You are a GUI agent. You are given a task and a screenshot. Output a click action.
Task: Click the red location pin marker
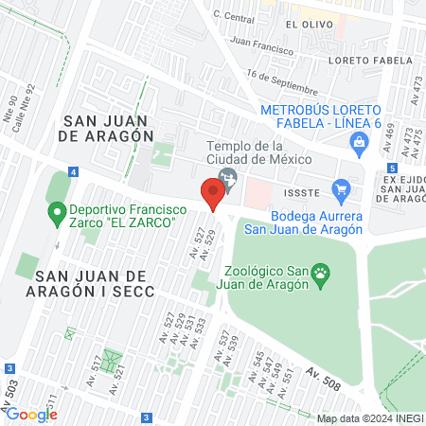coord(213,195)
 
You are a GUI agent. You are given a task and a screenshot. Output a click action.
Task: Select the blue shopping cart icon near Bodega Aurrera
coord(343,190)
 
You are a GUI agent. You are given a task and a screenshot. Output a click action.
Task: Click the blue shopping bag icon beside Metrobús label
coord(358,143)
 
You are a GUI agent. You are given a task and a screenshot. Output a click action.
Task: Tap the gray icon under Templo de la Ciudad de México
coord(227,178)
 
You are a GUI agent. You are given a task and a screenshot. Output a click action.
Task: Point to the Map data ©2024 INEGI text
coord(369,418)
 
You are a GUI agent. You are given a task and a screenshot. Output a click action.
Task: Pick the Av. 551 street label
coord(287,377)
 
